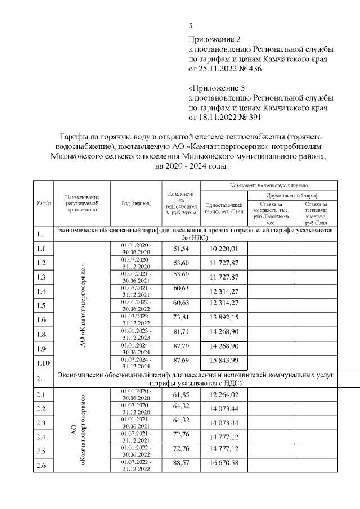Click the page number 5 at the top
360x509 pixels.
click(x=191, y=26)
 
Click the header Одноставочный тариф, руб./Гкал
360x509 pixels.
click(x=224, y=208)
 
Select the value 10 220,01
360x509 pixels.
click(x=224, y=249)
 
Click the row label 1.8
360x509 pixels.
click(x=41, y=334)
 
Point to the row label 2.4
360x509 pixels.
click(x=41, y=436)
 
